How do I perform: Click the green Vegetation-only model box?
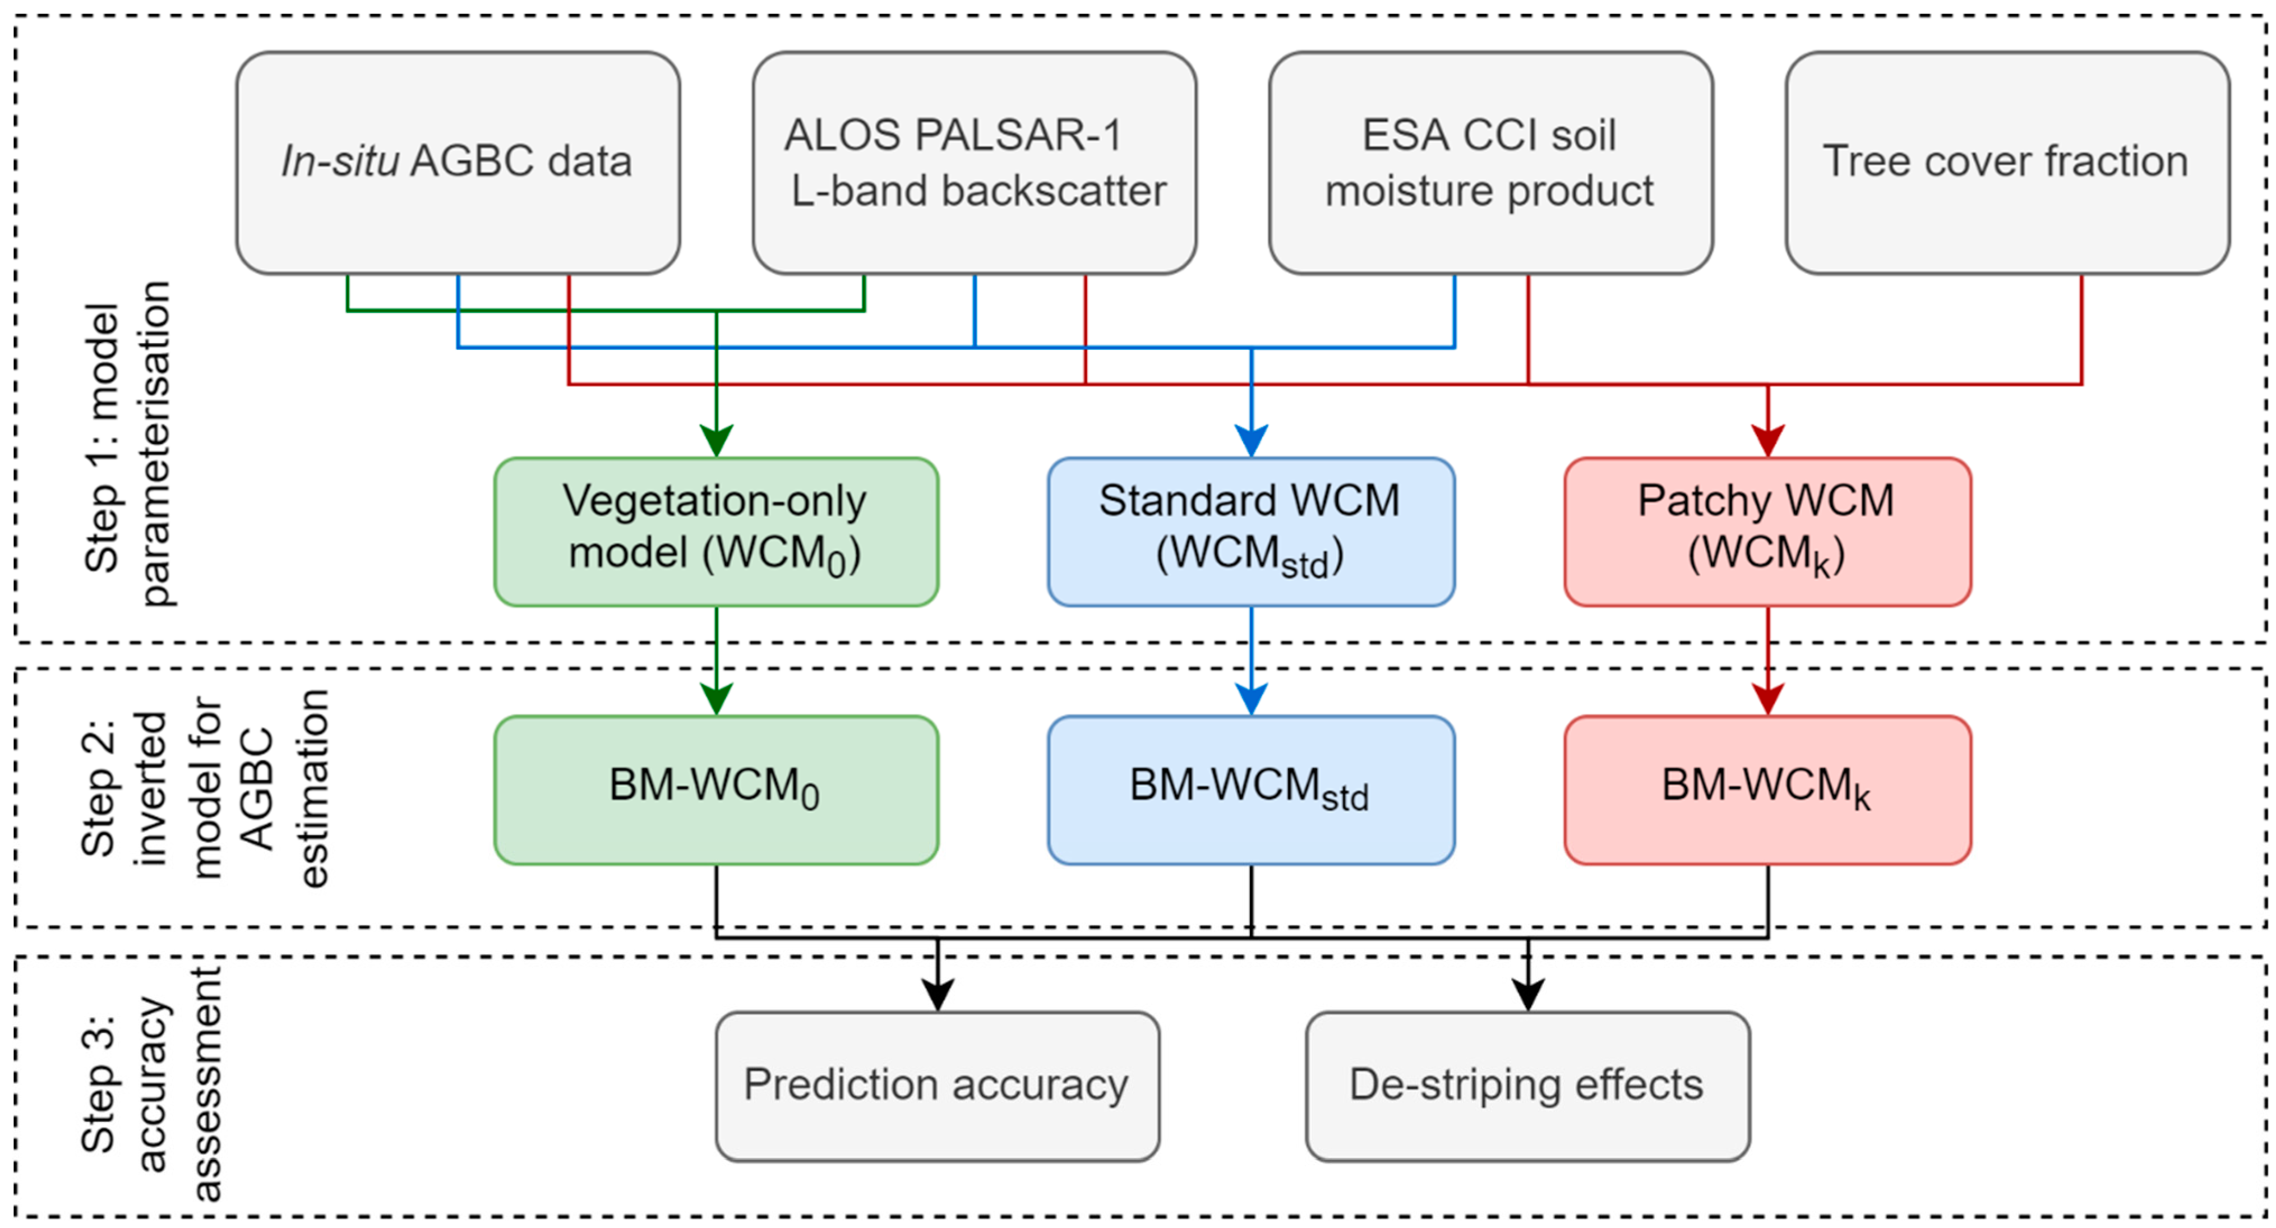pyautogui.click(x=715, y=532)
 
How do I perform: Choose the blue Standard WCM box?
pyautogui.click(x=1251, y=532)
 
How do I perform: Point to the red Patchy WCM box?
pyautogui.click(x=1767, y=532)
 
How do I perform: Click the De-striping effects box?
pyautogui.click(x=1527, y=1086)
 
